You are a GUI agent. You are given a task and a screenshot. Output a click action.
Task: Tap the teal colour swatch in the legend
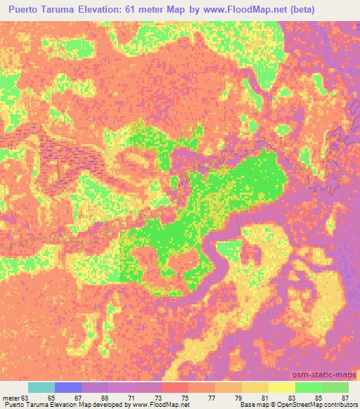pos(41,387)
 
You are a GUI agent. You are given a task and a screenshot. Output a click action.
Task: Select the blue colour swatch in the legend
pos(68,387)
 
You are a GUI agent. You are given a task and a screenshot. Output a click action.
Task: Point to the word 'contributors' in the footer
pos(339,405)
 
